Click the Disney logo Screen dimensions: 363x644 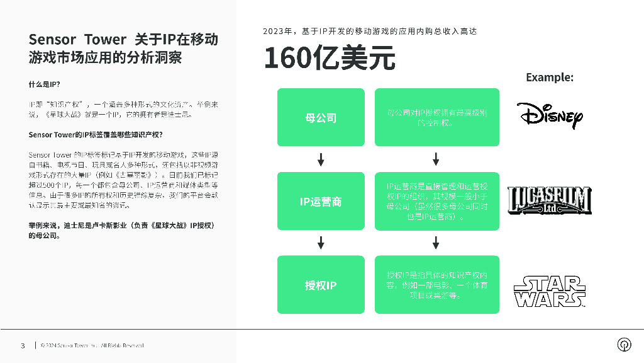pos(550,115)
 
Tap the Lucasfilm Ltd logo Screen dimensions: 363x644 pos(550,201)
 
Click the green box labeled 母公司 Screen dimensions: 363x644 pos(321,117)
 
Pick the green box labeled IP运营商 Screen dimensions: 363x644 pos(321,201)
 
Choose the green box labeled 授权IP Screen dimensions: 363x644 pos(321,285)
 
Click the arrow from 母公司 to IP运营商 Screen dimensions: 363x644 pos(321,159)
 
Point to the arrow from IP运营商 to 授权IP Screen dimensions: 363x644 pos(321,243)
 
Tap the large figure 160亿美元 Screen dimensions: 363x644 pos(329,59)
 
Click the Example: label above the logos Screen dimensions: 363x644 pos(549,78)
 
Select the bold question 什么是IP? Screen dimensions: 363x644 pos(44,84)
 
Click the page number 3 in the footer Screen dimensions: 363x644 pos(23,345)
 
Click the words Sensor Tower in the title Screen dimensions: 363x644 pos(77,40)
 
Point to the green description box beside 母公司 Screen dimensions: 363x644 pos(436,117)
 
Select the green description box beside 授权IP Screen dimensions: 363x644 pos(436,285)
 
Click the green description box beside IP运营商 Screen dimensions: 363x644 pos(436,201)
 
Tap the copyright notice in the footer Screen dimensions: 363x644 pos(92,345)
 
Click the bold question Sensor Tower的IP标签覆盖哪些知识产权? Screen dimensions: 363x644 pos(96,135)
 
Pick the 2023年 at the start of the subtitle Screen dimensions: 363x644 pos(278,31)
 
